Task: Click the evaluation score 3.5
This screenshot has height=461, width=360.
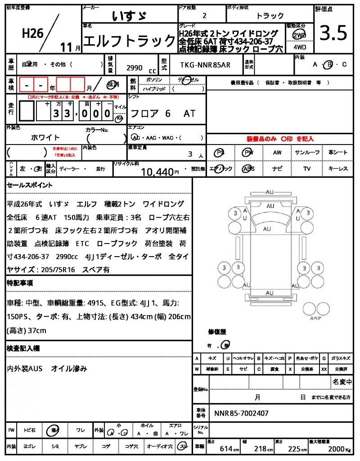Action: pos(333,33)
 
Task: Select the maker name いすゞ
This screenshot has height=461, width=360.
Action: pos(129,16)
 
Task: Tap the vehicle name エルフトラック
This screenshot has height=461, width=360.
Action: pos(130,41)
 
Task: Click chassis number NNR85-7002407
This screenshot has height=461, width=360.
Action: pos(242,412)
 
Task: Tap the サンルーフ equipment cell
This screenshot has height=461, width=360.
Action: pos(307,153)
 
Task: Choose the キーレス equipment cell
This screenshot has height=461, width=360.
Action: pos(337,169)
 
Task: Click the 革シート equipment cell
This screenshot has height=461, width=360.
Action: pos(337,153)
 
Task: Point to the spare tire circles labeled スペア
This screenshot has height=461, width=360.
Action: pos(312,309)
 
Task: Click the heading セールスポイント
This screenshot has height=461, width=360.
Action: pos(30,185)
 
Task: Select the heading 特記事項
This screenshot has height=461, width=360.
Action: pos(20,283)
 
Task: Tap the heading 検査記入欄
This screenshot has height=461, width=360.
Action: pos(23,348)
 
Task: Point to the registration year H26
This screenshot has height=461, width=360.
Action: pos(33,34)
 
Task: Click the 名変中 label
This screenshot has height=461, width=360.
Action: pos(342,382)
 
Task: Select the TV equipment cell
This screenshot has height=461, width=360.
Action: pos(307,169)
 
